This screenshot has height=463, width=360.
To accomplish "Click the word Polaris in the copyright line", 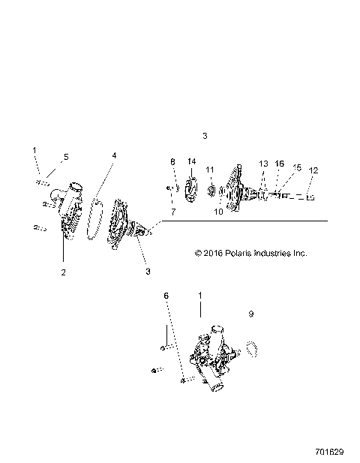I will tap(236, 254).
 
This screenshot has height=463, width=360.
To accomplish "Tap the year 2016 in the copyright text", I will tap(213, 254).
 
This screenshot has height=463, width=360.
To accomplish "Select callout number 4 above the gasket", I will tap(114, 155).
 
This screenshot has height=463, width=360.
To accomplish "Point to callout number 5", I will tap(66, 157).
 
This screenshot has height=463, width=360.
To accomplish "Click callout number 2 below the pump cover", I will tap(63, 272).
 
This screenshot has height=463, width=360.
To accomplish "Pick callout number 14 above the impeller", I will tap(191, 162).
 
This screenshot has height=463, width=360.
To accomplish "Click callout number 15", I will tap(296, 168).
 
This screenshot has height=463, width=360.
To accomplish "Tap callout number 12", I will tap(313, 170).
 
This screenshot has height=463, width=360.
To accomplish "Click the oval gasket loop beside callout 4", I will tap(94, 220).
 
